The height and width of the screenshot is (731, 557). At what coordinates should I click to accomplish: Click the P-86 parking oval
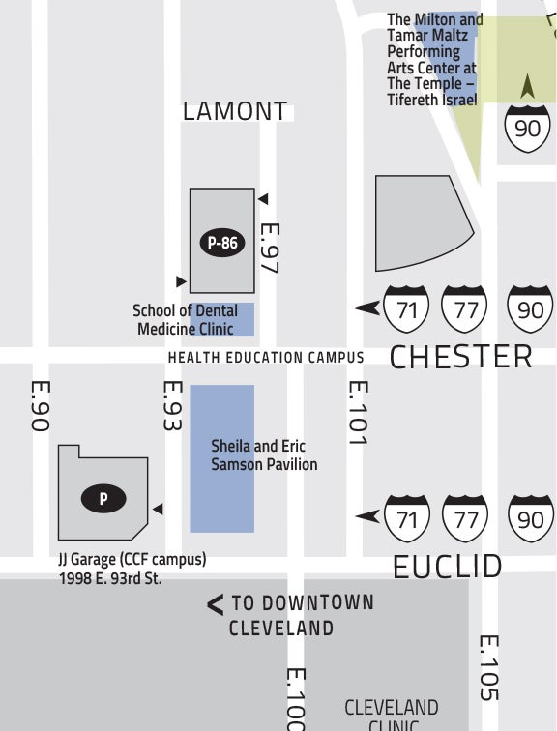(x=222, y=243)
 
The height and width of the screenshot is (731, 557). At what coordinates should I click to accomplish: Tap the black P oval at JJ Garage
(x=103, y=499)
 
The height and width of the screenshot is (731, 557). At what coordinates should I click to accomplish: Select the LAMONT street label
(x=235, y=111)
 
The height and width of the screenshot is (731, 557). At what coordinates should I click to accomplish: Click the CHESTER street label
(x=460, y=357)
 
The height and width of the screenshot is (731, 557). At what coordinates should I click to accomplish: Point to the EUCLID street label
(x=448, y=567)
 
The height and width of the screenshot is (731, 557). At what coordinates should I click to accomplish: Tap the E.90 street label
(x=40, y=404)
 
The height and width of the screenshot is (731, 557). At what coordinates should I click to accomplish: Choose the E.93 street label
(x=172, y=405)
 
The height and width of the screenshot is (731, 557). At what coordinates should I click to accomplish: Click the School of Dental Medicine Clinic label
(x=185, y=320)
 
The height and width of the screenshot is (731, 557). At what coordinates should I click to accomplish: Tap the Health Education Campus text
(x=266, y=358)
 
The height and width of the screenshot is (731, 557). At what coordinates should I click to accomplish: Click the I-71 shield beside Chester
(x=406, y=308)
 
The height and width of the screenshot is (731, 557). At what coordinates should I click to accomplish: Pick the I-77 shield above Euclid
(x=466, y=518)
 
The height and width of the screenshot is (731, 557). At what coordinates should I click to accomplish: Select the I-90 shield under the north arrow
(x=527, y=127)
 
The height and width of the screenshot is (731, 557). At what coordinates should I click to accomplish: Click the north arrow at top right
(x=527, y=87)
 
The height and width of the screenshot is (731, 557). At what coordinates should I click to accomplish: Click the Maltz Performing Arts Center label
(x=433, y=60)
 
